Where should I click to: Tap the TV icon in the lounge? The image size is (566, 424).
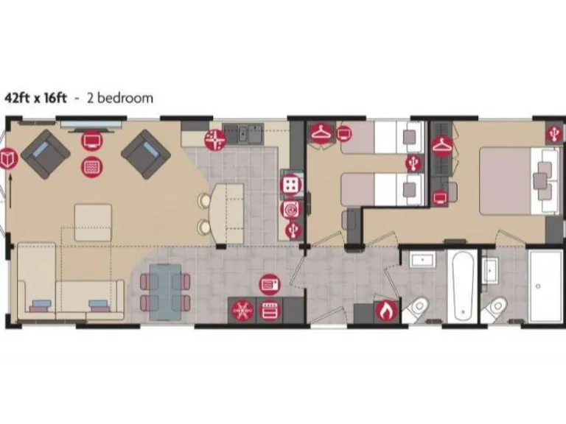coord(91,139)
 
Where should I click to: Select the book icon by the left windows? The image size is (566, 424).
coord(9,158)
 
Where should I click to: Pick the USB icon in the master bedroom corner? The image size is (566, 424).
coord(554,133)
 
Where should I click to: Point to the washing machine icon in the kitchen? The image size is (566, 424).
coord(291,209)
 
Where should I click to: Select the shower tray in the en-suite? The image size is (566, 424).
coord(543,286)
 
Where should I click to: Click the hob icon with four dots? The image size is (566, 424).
coord(291,183)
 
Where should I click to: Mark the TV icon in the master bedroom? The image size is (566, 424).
coord(440,197)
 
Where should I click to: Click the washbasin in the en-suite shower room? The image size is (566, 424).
coord(490,268)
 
